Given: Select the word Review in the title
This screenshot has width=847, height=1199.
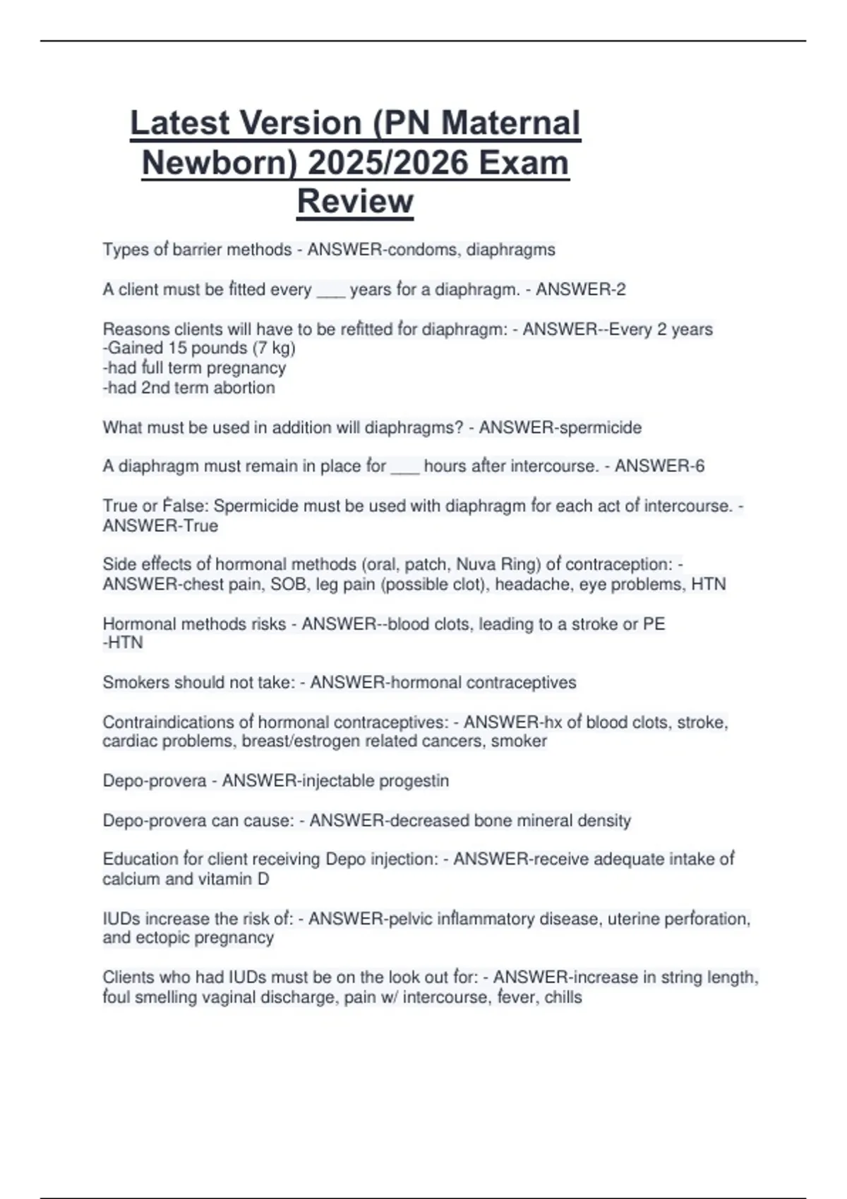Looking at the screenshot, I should (x=355, y=201).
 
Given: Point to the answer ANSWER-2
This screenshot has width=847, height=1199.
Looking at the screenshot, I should (x=580, y=289).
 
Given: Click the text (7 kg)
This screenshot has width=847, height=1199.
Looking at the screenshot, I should (x=273, y=348).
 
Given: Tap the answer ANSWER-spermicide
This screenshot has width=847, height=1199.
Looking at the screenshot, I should (x=560, y=427).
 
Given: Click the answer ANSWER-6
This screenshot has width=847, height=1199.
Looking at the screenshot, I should (x=659, y=465).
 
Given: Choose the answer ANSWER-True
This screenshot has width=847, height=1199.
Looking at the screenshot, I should (x=160, y=525).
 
